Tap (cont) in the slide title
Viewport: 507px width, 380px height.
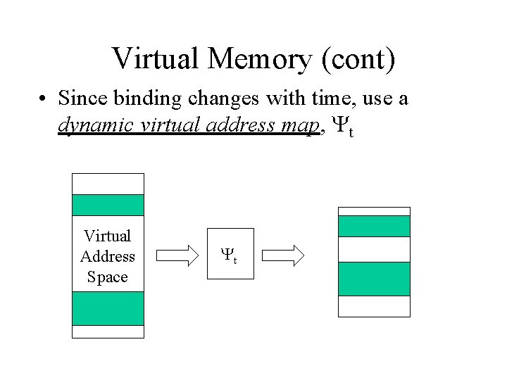pos(356,59)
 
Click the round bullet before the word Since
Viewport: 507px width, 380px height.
pos(44,99)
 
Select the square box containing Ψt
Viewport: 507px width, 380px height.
pos(230,254)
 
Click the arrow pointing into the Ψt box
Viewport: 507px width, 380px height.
pos(177,255)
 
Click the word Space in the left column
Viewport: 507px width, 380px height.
pos(108,277)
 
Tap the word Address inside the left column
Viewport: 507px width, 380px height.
pos(108,257)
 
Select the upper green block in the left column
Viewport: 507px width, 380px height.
pos(108,205)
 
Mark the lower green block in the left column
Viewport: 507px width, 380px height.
pos(108,308)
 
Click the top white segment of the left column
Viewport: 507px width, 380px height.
pos(108,184)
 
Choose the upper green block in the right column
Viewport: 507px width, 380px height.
pos(374,226)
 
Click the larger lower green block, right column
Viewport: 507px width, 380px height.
pos(374,279)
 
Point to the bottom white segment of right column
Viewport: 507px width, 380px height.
pos(374,306)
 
